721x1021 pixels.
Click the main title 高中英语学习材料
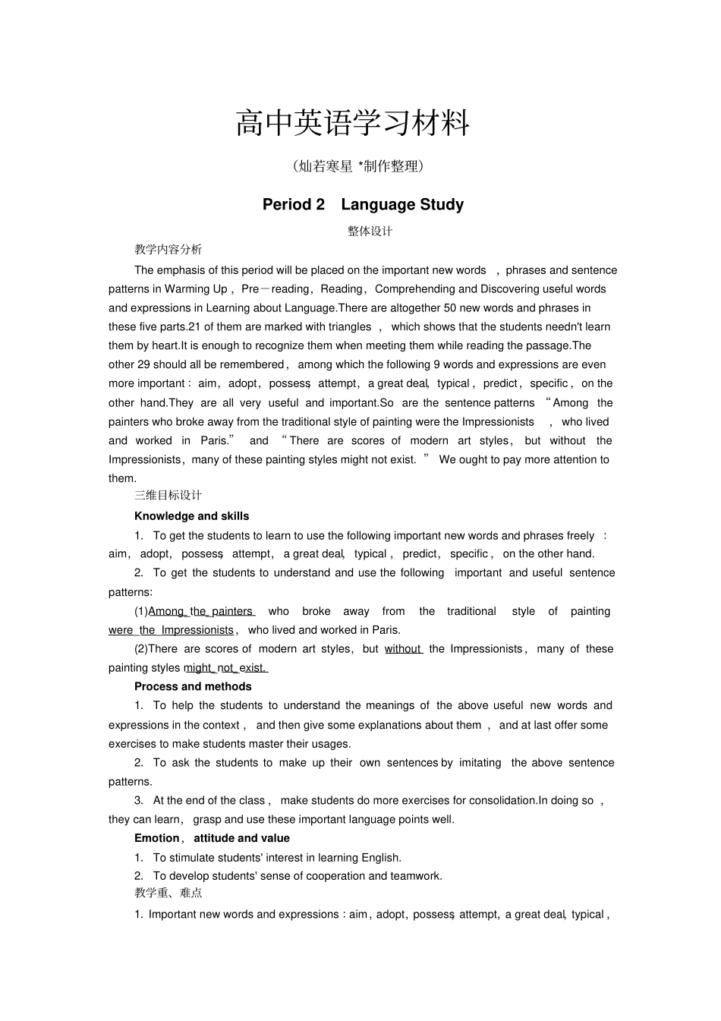click(353, 123)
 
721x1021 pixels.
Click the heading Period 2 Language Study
click(363, 204)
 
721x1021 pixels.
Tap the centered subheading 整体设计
click(370, 231)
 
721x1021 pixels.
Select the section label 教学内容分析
click(168, 249)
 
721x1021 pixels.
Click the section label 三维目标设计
click(168, 495)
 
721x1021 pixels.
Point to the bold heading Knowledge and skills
click(191, 516)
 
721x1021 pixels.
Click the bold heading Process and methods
click(193, 686)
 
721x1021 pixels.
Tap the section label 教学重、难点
click(168, 893)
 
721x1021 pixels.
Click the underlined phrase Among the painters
click(201, 611)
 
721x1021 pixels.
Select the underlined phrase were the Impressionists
click(172, 630)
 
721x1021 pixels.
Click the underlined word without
click(403, 649)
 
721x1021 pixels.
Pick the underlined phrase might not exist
click(225, 668)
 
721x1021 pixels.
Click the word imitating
click(480, 763)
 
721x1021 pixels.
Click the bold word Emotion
click(157, 838)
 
